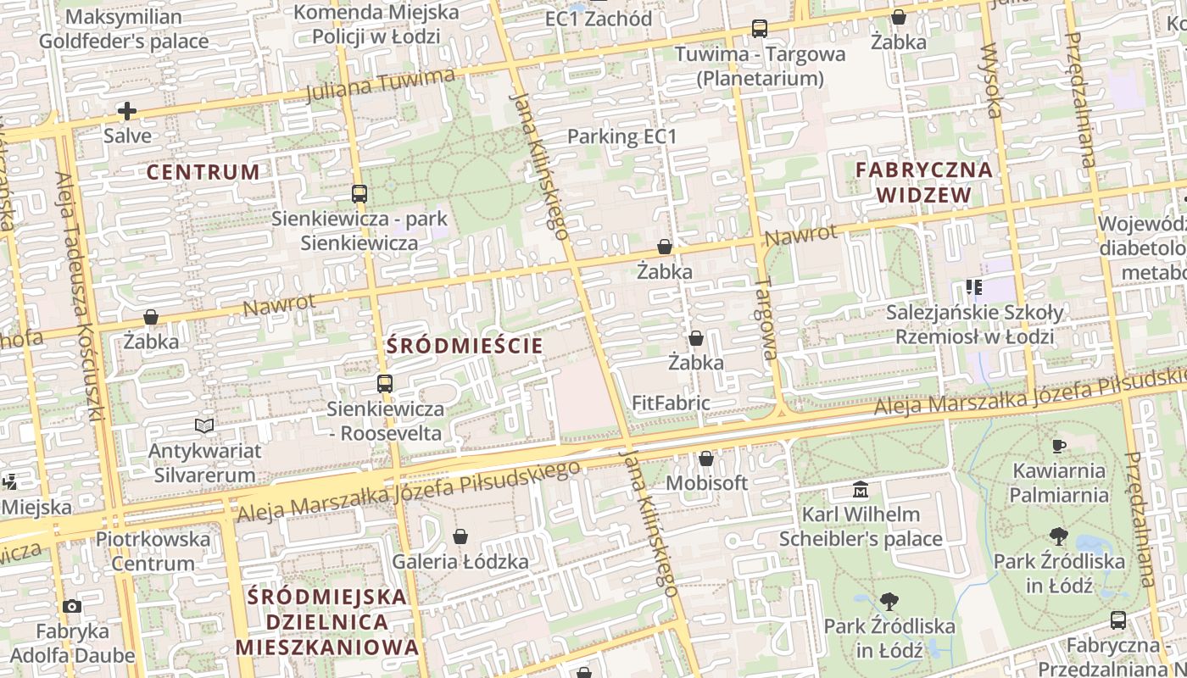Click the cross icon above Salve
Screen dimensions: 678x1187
[127, 111]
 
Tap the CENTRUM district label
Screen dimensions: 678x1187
[203, 172]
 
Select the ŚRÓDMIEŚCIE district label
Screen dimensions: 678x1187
[465, 346]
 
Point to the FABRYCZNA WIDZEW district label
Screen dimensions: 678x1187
[923, 182]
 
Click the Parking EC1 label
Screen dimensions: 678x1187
[622, 136]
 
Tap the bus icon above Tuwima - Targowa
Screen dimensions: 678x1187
[760, 29]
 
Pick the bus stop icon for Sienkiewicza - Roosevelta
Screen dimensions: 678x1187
[385, 384]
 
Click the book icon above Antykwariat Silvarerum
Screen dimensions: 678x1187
[204, 425]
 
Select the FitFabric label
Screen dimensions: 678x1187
[671, 403]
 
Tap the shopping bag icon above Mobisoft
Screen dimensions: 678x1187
[706, 458]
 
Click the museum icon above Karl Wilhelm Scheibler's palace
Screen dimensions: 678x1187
[861, 490]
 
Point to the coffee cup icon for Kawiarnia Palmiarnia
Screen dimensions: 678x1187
[1058, 446]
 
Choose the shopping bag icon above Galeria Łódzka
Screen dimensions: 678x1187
[460, 536]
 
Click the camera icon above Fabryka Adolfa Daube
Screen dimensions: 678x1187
[72, 607]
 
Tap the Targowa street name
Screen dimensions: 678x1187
[766, 318]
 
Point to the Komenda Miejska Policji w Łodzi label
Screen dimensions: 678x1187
[376, 25]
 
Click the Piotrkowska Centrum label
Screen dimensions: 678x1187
[153, 551]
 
